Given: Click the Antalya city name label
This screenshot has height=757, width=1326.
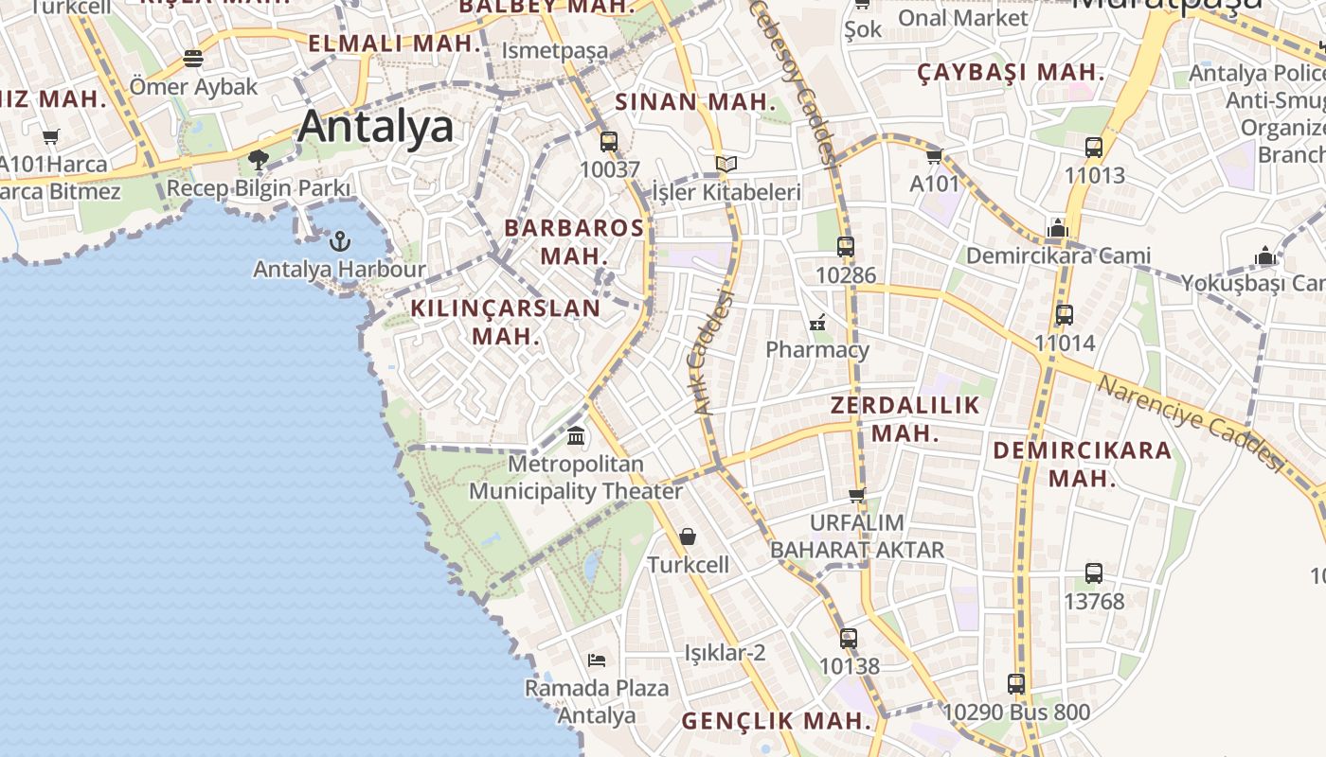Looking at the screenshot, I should tap(376, 127).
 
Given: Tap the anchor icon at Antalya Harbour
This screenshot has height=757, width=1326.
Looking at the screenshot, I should tap(339, 241).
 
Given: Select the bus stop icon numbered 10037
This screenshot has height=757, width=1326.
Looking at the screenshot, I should tap(609, 142).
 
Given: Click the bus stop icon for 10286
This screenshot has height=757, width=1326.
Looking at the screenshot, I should tap(846, 247).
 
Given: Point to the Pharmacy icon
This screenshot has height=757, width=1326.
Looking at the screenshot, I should tap(817, 323).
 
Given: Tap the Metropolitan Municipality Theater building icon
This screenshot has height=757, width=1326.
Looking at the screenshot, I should tap(576, 436).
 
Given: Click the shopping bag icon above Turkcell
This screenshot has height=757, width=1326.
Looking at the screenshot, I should tap(688, 537).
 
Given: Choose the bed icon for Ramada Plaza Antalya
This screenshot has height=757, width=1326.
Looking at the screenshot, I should tap(597, 660).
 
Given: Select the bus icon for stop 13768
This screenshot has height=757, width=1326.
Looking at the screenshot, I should tap(1094, 573).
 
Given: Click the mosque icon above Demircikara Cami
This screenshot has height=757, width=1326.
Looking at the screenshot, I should tap(1058, 228).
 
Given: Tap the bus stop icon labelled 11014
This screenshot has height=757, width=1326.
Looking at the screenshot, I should tap(1065, 315).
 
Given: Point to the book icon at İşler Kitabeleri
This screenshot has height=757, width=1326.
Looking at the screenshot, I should tap(726, 165).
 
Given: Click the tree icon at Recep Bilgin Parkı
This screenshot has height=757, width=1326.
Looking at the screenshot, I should tap(258, 159).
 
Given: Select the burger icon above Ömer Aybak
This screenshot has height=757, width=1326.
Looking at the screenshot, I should tap(193, 59).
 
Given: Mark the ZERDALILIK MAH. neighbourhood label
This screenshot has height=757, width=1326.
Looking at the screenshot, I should tap(905, 419).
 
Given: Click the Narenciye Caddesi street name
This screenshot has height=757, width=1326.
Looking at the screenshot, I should tap(1190, 422).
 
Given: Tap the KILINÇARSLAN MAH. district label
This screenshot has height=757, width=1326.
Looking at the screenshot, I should tap(506, 322).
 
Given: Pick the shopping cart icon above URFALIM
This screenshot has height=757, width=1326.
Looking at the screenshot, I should tap(857, 495).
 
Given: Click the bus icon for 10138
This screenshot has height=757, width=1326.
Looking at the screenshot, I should tap(849, 639).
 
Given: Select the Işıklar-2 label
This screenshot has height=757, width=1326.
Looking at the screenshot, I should tap(725, 653).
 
